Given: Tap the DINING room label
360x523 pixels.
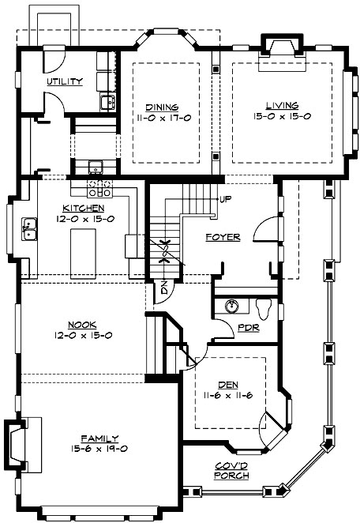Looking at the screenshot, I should coord(161,106).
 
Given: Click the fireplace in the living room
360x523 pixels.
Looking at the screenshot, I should coord(279,46).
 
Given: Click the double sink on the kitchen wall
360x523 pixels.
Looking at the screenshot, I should coord(29,229).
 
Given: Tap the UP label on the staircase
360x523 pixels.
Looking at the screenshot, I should coord(226,198).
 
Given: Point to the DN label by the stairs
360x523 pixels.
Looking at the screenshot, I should coord(163,288).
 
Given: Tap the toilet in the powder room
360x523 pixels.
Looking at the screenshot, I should coord(264,309).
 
